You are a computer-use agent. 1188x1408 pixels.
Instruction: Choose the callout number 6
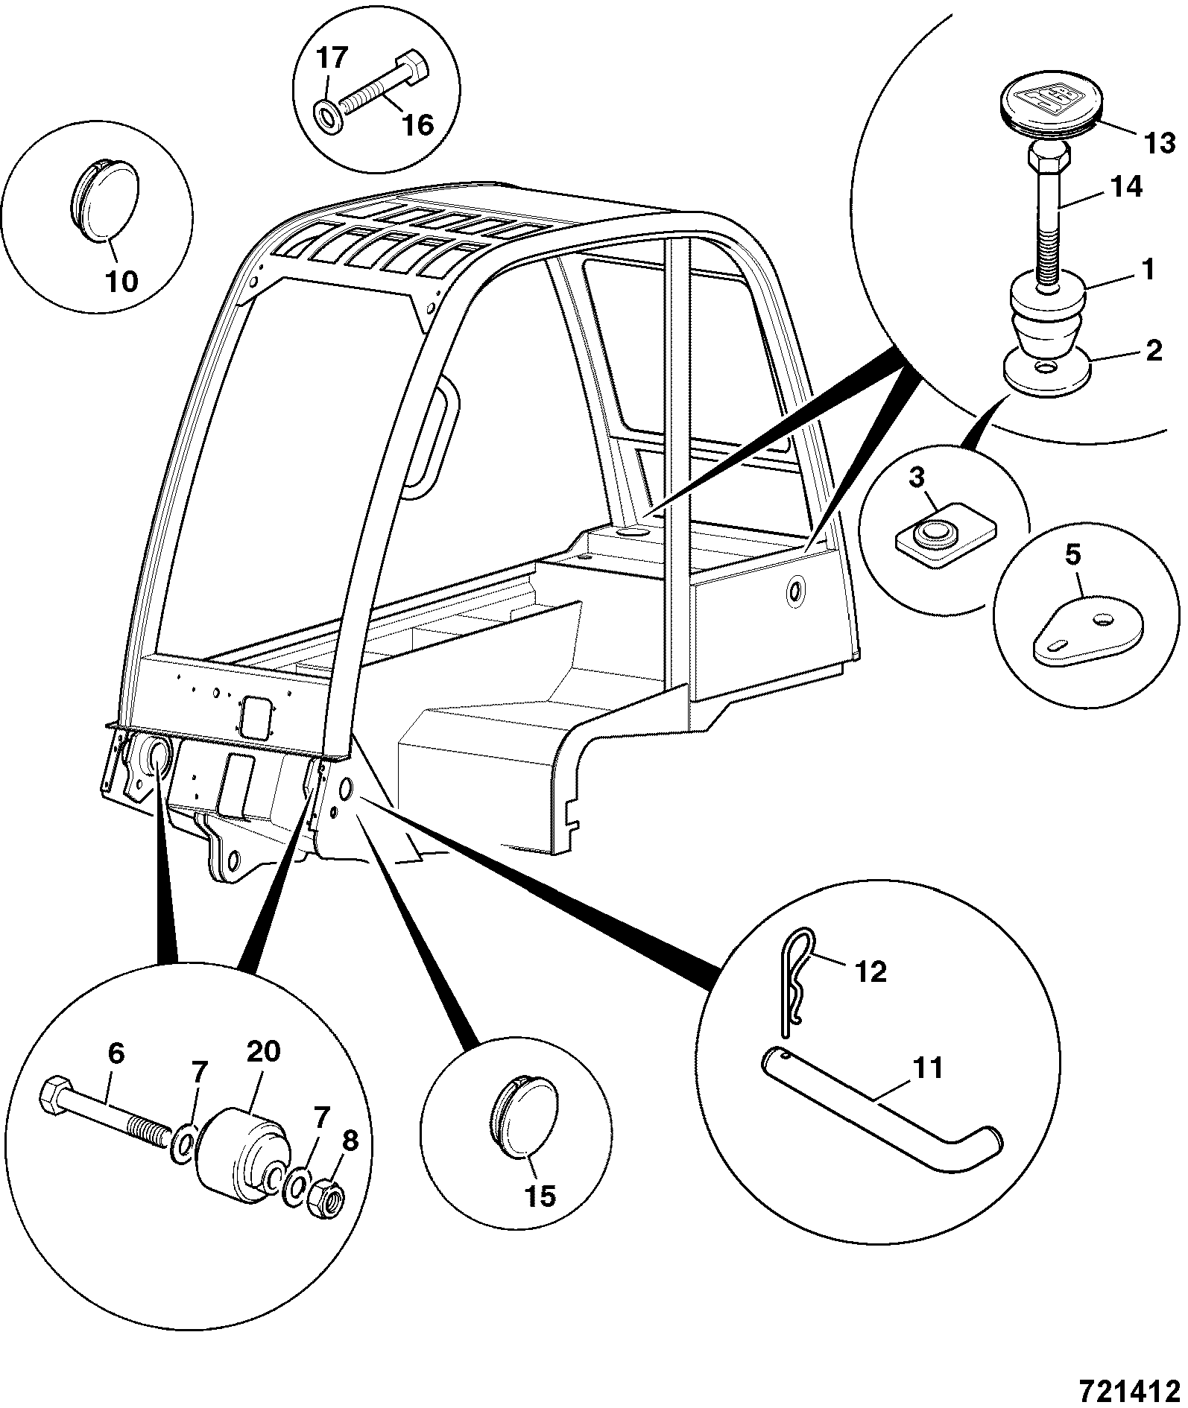(116, 1054)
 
